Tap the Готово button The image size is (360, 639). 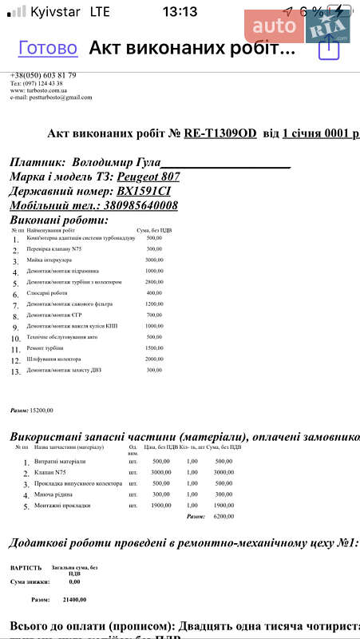point(48,48)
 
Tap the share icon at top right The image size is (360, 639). point(329,49)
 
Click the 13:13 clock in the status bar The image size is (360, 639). point(180,11)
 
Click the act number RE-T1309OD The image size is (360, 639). point(220,133)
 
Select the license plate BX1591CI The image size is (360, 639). point(144,191)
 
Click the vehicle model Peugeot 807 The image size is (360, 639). point(148,176)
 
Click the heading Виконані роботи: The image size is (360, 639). point(58,220)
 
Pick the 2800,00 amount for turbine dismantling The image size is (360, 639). point(154,282)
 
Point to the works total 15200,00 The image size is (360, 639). point(42,410)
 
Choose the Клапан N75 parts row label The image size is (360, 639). point(51,472)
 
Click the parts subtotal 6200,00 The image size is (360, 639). point(224,517)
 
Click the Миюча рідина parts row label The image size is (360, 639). point(53,494)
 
